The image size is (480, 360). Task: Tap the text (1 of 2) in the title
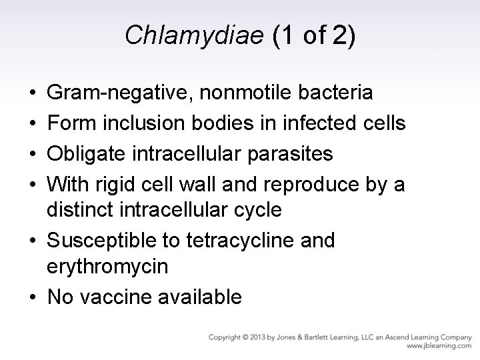coord(313,35)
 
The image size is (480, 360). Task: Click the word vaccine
coord(124,297)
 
